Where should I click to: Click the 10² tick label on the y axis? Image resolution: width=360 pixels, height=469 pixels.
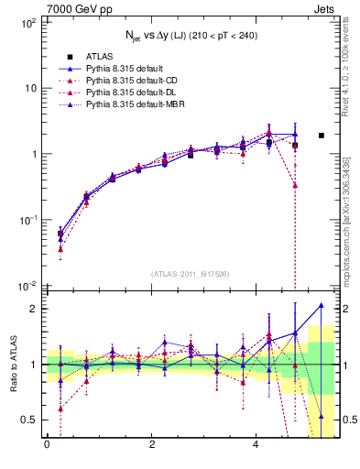(x=28, y=21)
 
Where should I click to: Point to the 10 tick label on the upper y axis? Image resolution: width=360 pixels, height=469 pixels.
(x=30, y=88)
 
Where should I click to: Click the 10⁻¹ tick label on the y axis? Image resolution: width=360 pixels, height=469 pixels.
(x=27, y=220)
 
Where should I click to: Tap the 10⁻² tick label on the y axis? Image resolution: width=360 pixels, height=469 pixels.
(x=27, y=286)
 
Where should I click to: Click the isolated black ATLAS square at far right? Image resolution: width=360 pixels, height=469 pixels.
(x=321, y=136)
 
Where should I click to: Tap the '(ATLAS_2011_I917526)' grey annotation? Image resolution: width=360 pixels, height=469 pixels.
(x=190, y=273)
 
